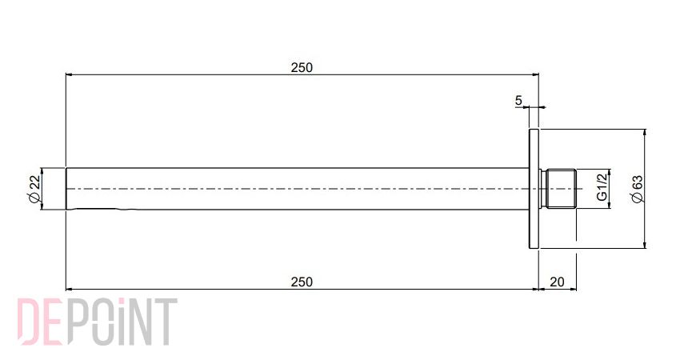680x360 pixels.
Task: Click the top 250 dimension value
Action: [302, 68]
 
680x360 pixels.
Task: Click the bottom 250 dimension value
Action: [302, 282]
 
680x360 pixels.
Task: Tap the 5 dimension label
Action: [518, 101]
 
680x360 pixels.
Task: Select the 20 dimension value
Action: [557, 282]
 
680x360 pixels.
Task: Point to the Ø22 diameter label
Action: [34, 189]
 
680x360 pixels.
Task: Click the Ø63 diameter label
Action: [637, 189]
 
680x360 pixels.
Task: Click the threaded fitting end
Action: [559, 189]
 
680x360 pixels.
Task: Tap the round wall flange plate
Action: [534, 189]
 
